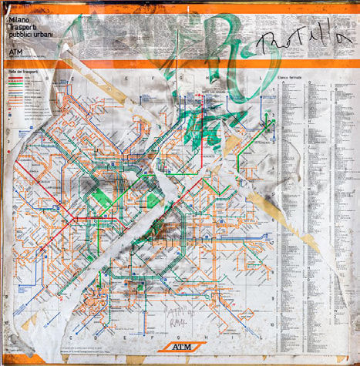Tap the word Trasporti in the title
(23, 27)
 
